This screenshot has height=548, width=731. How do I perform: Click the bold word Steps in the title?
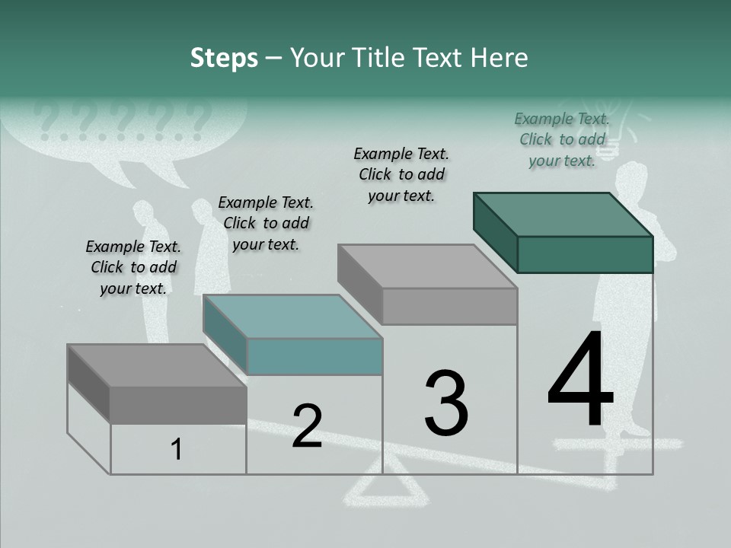click(224, 58)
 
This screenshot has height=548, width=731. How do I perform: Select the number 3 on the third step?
click(446, 403)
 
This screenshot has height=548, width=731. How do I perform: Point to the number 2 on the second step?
click(307, 426)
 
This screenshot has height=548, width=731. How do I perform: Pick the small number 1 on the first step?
click(176, 450)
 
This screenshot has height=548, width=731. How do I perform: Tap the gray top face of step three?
click(427, 266)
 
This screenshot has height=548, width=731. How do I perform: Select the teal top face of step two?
click(292, 317)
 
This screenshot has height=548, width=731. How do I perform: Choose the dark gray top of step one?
click(157, 365)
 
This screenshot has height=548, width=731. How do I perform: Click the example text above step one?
click(133, 267)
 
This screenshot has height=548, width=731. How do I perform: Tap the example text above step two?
click(266, 223)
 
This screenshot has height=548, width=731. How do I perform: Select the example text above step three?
click(401, 174)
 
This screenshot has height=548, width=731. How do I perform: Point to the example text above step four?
click(562, 139)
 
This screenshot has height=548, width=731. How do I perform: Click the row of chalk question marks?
click(122, 120)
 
